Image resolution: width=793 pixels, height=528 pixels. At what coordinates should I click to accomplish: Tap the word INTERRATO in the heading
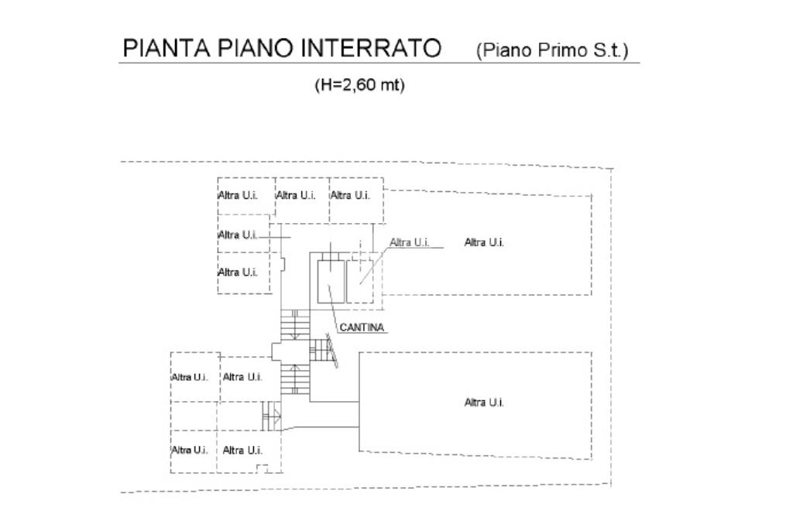369,50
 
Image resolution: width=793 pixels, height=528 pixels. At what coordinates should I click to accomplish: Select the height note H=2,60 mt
359,85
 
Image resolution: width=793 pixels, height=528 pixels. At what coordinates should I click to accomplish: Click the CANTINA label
362,327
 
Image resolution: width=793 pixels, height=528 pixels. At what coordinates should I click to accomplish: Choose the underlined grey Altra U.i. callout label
410,242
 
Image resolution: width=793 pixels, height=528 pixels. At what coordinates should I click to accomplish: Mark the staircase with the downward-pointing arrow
294,325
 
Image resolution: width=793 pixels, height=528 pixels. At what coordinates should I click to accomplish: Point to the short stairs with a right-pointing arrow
272,417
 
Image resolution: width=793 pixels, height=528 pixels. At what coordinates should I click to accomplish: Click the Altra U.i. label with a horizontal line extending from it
237,235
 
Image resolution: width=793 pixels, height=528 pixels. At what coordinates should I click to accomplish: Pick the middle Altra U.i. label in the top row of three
296,195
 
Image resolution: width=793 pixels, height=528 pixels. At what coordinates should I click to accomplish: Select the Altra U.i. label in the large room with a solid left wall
484,403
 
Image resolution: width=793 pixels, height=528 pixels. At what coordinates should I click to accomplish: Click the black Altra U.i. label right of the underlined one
484,242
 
